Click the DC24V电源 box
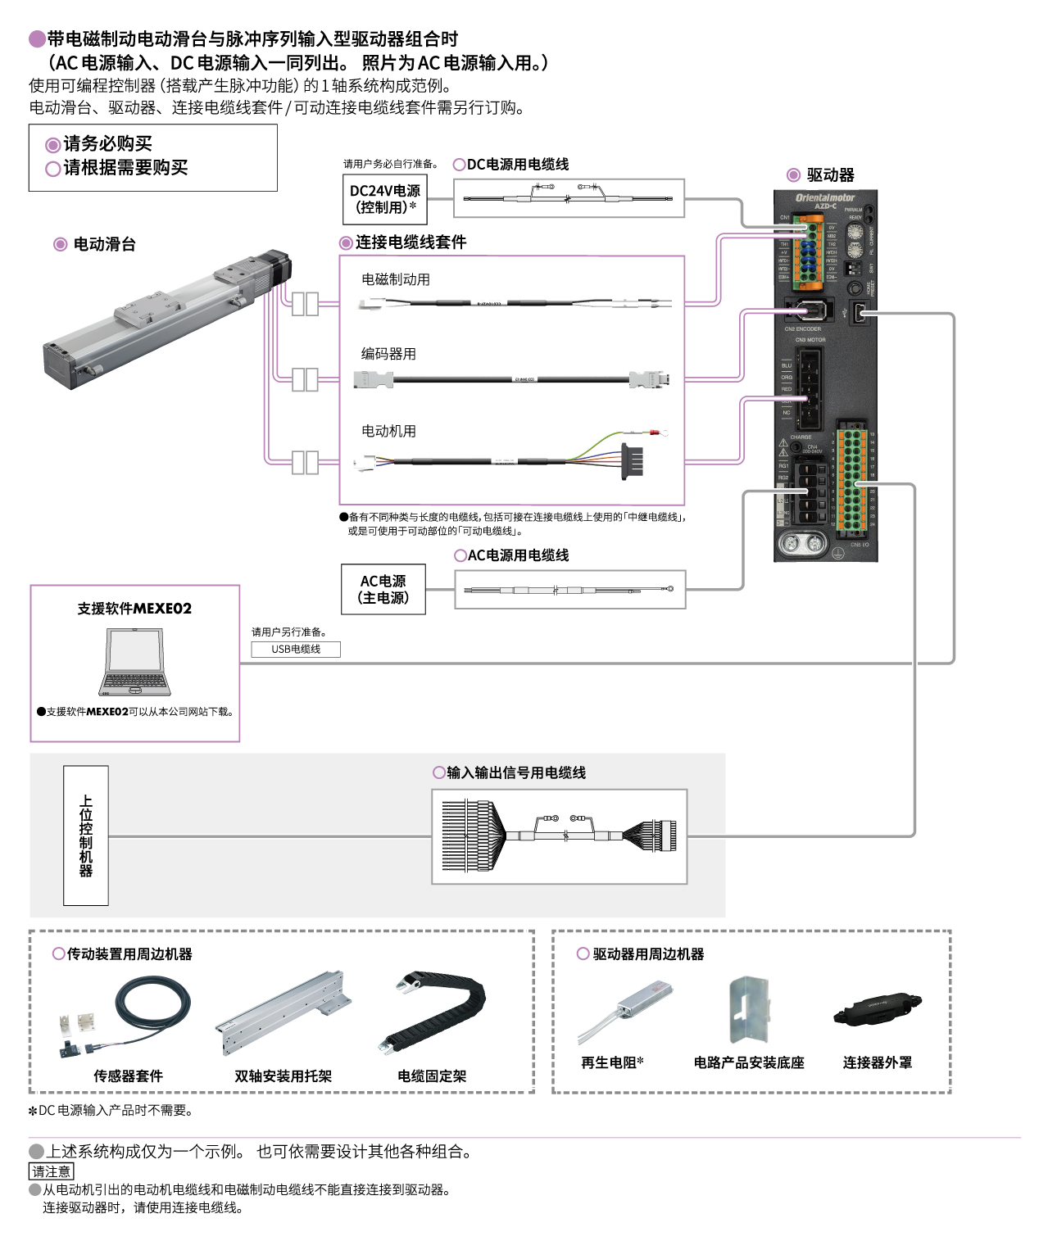[384, 199]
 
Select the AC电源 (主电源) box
[383, 589]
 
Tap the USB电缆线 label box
[296, 649]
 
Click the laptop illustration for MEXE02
[135, 663]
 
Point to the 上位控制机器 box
[86, 835]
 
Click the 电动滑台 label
[104, 244]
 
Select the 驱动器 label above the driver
[829, 175]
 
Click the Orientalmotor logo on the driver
[824, 197]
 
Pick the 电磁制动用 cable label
[396, 279]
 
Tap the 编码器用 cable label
[388, 354]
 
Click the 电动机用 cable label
[388, 431]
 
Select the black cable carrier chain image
[433, 1011]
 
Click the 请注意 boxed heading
[51, 1171]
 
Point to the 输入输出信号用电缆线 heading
[515, 772]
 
